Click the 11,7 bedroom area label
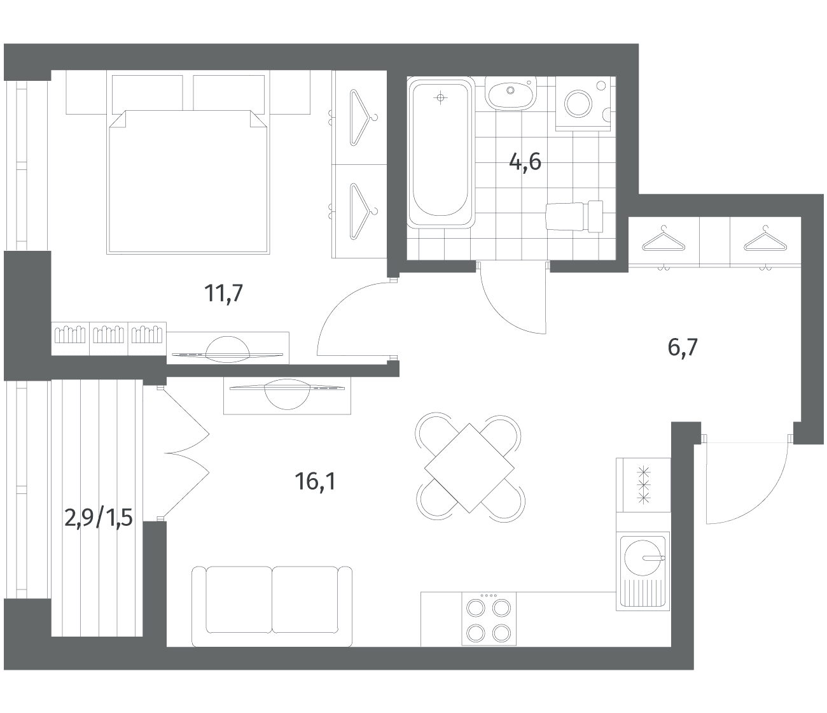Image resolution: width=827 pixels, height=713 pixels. point(224,293)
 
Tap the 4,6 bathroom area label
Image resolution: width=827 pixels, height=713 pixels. point(525,162)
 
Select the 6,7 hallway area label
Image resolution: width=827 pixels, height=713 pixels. point(683,347)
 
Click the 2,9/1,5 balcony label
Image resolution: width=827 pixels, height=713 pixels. point(99,518)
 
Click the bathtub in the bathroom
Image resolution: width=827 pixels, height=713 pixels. point(440,153)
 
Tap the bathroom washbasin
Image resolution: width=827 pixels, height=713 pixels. point(510,93)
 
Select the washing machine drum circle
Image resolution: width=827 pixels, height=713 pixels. point(578,104)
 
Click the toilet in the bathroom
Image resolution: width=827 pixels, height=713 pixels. point(575,216)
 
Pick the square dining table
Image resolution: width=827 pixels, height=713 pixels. point(469,468)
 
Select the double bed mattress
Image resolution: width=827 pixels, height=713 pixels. point(188,182)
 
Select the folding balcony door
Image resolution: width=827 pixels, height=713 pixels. point(186,453)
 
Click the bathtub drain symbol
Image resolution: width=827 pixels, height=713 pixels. point(440,97)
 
